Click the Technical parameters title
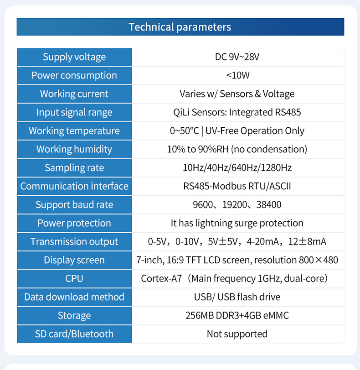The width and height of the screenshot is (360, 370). coord(180,27)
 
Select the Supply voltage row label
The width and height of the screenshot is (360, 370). coord(74,57)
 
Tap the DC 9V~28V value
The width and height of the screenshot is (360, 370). coord(237,57)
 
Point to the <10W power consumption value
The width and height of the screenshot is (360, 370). coord(237,75)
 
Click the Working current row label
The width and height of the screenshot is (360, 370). coord(74,94)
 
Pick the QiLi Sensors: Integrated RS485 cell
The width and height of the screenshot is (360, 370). coord(237,112)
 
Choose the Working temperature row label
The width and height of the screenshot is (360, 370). coord(74,131)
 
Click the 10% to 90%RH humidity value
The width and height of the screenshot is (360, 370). coord(198,149)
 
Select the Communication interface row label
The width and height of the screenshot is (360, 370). coord(74,186)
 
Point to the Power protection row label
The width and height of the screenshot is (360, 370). coord(74,223)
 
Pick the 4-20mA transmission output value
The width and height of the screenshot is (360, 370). coord(262,242)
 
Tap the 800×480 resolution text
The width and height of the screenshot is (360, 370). coord(318,260)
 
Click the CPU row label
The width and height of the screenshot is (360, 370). coord(74,279)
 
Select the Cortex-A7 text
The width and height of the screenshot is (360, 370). coord(161,279)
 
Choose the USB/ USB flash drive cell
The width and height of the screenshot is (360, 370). coord(237,297)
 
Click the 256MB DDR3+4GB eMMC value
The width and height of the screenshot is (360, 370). coord(237,316)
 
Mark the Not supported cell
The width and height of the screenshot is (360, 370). coord(237,334)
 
